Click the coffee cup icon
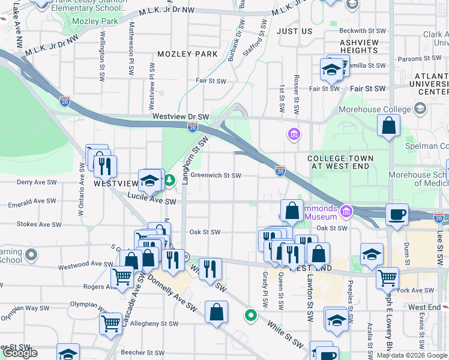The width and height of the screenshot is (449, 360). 397,215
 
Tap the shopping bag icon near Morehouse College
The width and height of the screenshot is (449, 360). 389,126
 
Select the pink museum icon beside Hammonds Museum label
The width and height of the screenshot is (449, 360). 346,211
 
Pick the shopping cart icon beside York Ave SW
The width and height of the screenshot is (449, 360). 388,278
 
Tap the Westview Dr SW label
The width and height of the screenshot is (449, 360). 180,117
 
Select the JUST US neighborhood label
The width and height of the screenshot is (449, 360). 295,31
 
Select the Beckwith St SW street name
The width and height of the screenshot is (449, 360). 362,31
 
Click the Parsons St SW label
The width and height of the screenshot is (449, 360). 417,59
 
